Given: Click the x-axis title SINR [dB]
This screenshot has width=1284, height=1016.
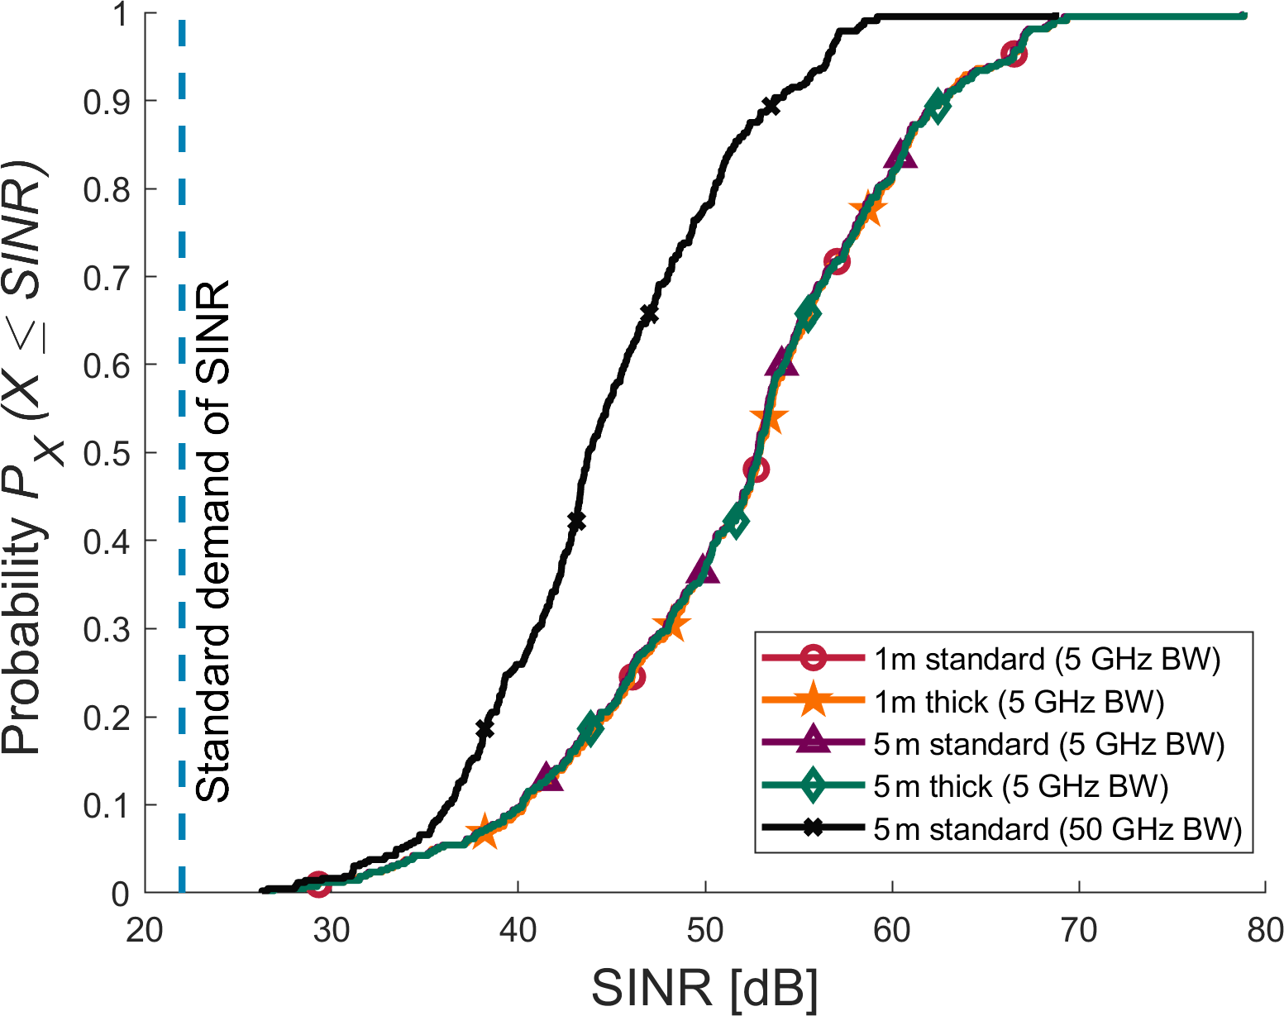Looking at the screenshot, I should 704,987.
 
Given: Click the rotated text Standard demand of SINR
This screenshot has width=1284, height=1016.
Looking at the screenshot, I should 212,541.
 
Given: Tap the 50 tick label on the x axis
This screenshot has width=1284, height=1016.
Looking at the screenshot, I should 704,931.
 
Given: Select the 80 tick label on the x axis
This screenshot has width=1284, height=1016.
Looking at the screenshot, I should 1265,931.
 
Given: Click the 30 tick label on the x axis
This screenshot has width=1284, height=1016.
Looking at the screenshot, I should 331,931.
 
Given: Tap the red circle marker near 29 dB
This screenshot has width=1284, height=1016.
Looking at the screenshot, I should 318,884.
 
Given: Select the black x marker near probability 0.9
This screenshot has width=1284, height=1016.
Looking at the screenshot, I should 771,106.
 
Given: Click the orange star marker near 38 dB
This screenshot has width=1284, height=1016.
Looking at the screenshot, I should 483,832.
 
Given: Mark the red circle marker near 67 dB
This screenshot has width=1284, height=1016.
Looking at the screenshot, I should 1014,55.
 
